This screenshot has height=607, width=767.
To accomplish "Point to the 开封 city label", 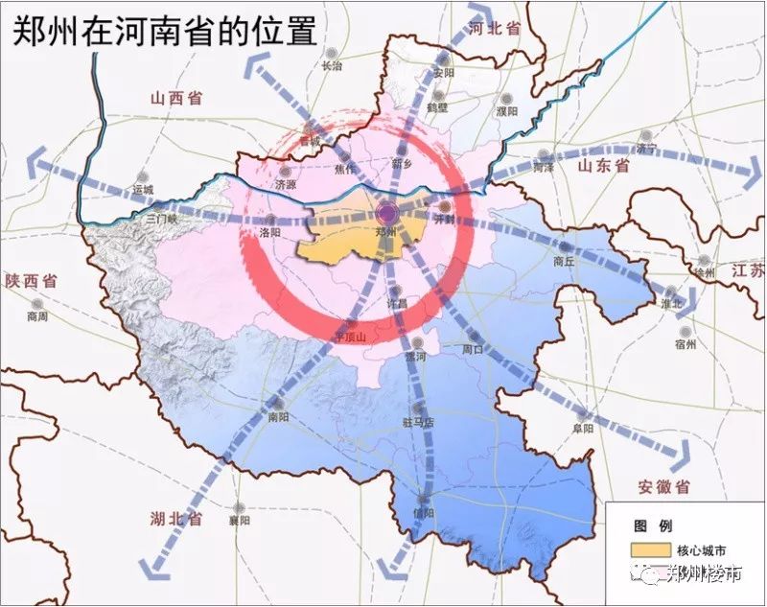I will pyautogui.click(x=444, y=220).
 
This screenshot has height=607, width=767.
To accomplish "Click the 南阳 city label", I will pyautogui.click(x=278, y=417).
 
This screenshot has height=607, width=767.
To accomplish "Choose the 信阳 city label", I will pyautogui.click(x=423, y=512).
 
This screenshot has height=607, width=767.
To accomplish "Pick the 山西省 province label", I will pyautogui.click(x=174, y=97).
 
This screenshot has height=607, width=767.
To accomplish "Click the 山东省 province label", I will pyautogui.click(x=602, y=166).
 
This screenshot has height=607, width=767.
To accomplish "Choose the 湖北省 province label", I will pyautogui.click(x=175, y=519).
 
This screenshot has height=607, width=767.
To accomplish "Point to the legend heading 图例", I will pyautogui.click(x=652, y=526).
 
